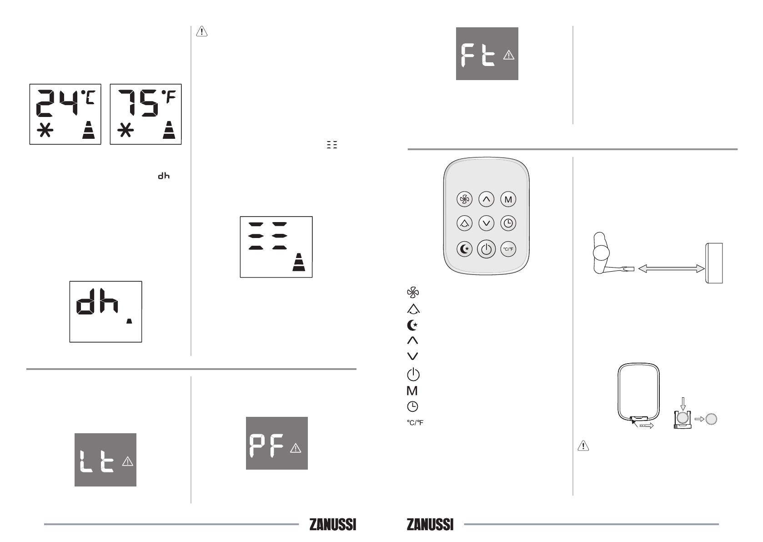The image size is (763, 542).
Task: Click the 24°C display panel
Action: (x=65, y=114)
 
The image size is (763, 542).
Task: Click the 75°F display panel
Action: (x=146, y=114)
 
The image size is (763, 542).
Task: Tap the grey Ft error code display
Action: (x=487, y=54)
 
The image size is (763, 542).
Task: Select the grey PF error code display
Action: (x=277, y=443)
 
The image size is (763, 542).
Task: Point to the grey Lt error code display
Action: (x=105, y=460)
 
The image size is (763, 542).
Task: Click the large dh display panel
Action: (x=105, y=312)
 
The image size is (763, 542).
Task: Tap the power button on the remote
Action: (x=486, y=249)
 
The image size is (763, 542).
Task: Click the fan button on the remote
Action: (x=464, y=199)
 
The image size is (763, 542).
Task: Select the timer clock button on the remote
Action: (x=508, y=223)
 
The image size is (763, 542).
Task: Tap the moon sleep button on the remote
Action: (x=464, y=249)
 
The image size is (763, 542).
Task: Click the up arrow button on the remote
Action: (x=486, y=199)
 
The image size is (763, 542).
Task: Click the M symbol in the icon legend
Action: (x=412, y=390)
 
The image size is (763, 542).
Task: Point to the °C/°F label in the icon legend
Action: (x=415, y=423)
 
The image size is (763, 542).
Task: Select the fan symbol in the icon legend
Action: (x=413, y=293)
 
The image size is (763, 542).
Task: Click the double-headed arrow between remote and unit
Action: (x=671, y=268)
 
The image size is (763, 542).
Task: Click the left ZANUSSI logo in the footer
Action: (x=333, y=525)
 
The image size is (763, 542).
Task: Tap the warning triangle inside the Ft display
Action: (x=508, y=55)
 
